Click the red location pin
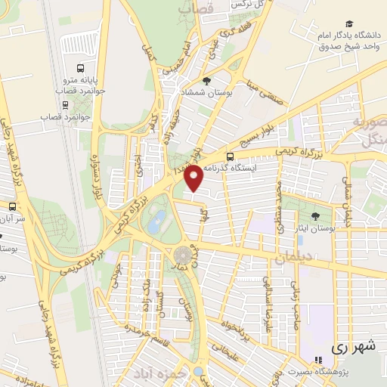tap(194, 177)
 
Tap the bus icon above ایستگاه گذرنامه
tap(230, 157)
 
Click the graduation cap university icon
tap(348, 25)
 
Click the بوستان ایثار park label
tap(314, 228)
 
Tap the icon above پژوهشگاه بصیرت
tap(317, 360)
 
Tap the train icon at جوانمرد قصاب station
tap(67, 105)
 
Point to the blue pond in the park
tap(157, 222)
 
